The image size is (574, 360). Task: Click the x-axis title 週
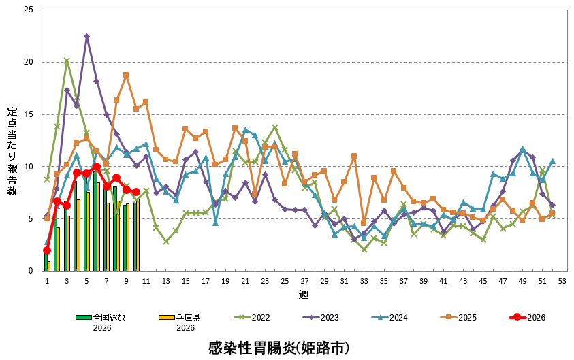click(x=304, y=295)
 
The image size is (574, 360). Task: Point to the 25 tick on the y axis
click(x=28, y=10)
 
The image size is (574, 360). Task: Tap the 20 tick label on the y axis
click(x=28, y=63)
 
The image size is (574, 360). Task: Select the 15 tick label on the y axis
click(x=28, y=114)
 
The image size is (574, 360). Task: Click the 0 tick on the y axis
click(x=31, y=271)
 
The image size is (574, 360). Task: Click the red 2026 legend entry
click(x=528, y=317)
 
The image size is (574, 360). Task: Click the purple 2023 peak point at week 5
click(x=86, y=36)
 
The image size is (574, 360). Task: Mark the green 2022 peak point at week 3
click(x=67, y=61)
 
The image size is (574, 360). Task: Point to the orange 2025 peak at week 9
click(x=126, y=75)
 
